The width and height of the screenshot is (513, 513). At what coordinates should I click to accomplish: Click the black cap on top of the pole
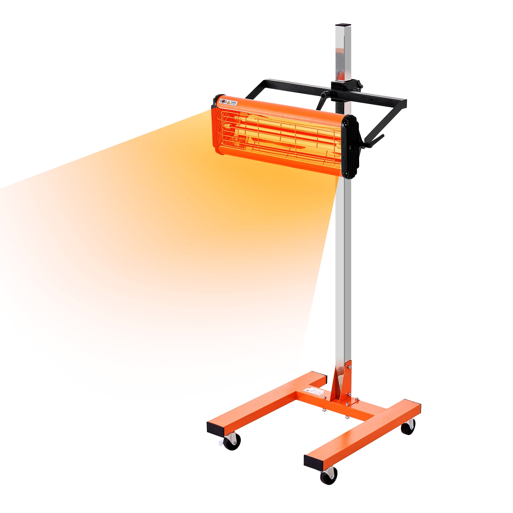pyautogui.click(x=343, y=24)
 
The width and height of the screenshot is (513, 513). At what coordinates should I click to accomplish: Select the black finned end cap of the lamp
pyautogui.click(x=350, y=146)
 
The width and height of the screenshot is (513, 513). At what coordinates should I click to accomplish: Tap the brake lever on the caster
pyautogui.click(x=221, y=443)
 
